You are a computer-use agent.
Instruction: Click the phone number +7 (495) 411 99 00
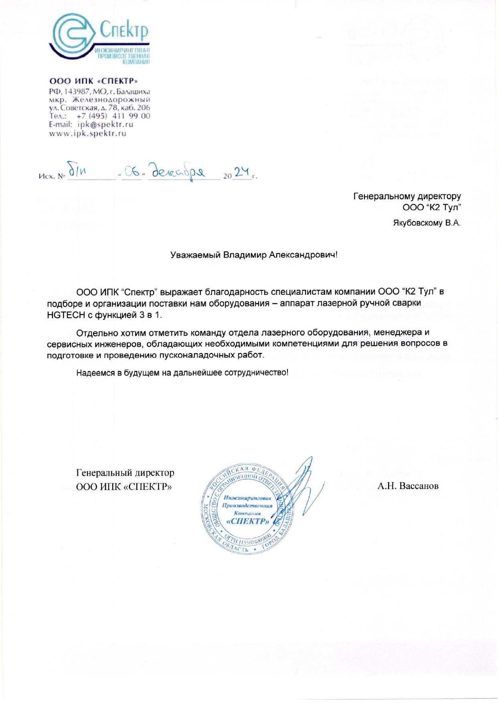click(113, 116)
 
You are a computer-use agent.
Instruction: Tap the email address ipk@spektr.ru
click(105, 124)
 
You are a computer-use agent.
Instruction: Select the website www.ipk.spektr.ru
click(87, 133)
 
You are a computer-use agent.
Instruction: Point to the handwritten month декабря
click(178, 171)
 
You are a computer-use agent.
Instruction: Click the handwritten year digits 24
click(242, 172)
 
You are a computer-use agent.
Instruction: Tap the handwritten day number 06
click(132, 172)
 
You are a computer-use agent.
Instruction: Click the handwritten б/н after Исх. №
click(77, 171)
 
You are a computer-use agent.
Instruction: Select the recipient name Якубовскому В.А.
click(427, 223)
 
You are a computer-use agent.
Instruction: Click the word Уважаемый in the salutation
click(195, 255)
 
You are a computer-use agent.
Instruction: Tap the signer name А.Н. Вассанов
click(408, 486)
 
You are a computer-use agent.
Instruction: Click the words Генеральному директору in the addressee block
click(407, 197)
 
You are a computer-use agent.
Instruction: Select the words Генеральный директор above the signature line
click(125, 473)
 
